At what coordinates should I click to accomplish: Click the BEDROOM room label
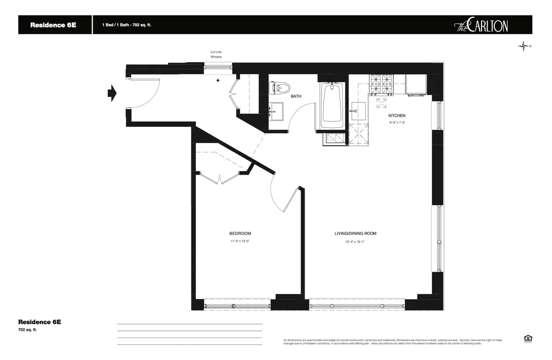tap(240, 234)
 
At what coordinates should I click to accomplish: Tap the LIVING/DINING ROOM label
tap(355, 234)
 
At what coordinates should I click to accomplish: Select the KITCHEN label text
tap(397, 115)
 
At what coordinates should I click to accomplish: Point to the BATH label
tap(296, 97)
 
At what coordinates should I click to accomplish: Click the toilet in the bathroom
tap(279, 87)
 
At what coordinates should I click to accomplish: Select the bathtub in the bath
tap(331, 107)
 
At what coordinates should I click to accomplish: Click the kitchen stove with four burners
tap(381, 85)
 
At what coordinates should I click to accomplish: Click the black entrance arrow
tap(112, 93)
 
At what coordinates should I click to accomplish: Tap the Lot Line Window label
tap(216, 54)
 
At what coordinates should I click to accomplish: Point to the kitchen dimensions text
tap(397, 123)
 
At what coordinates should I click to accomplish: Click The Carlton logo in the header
tap(481, 25)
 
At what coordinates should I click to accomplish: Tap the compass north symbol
tap(524, 46)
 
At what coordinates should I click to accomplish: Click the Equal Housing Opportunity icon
tap(527, 338)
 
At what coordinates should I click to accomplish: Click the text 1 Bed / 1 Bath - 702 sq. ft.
tap(126, 25)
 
